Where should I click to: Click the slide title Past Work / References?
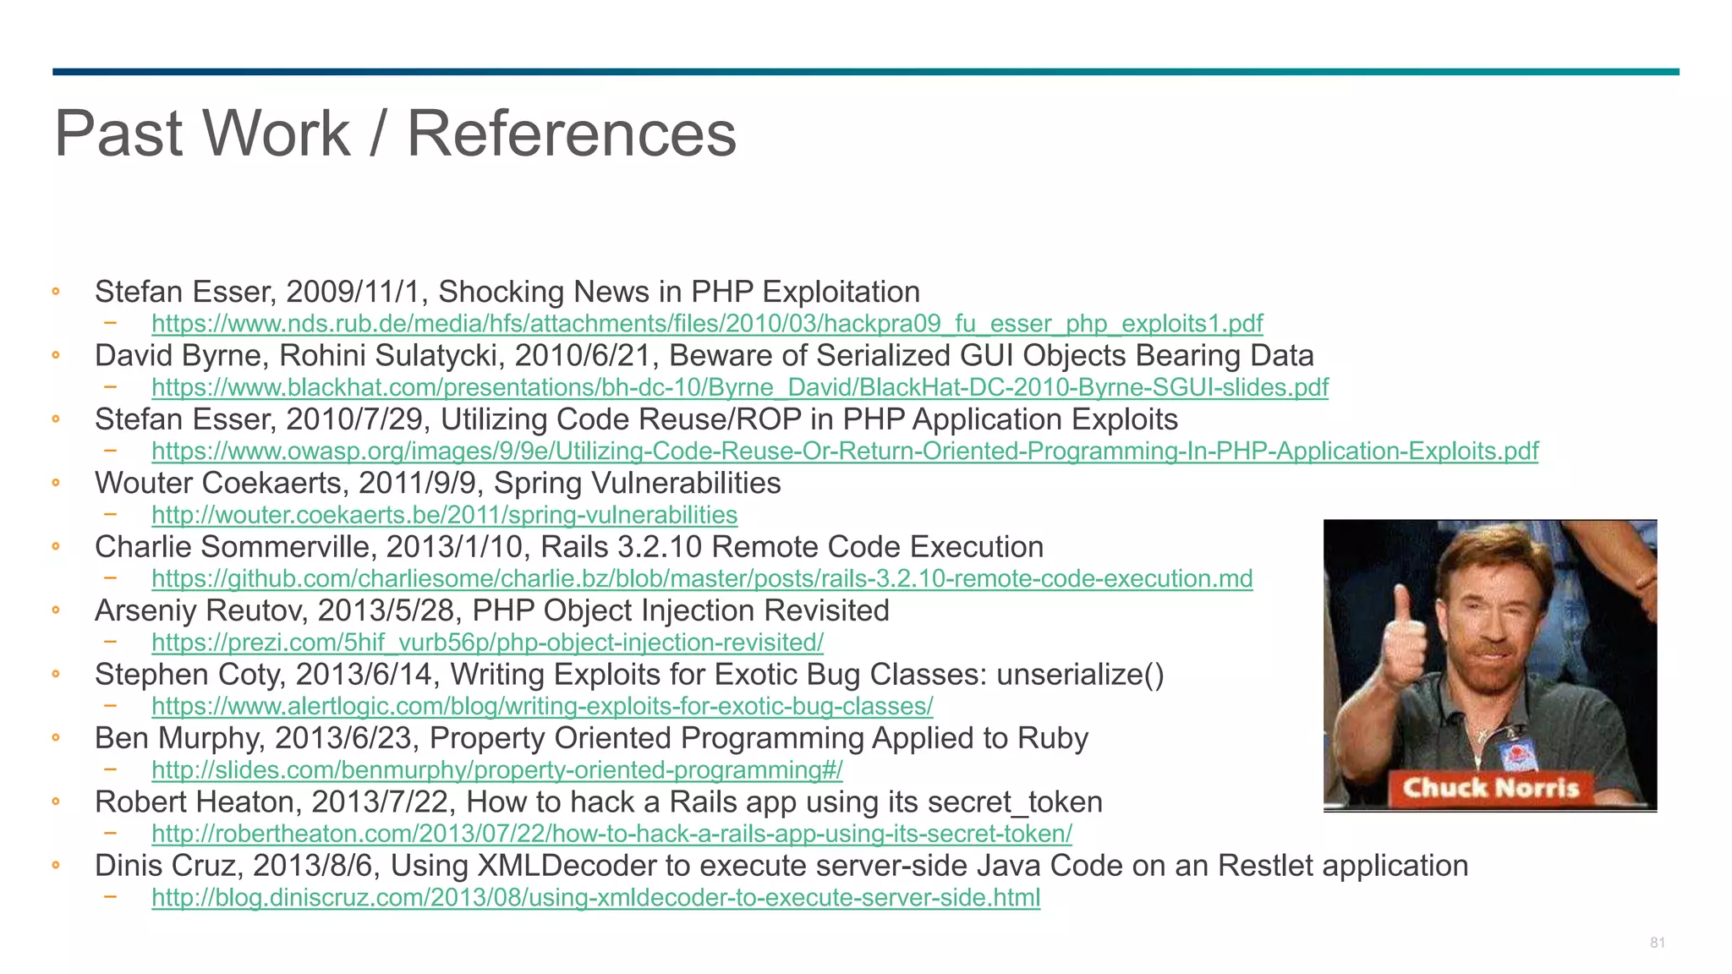coord(395,134)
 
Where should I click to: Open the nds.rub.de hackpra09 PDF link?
coord(707,324)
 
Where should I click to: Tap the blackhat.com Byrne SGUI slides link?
coord(740,387)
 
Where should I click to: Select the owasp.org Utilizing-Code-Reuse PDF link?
coord(845,451)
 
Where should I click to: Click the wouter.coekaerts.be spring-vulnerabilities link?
coord(444,515)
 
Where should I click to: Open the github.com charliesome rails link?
coord(702,579)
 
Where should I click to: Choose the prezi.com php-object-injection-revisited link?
coord(487,643)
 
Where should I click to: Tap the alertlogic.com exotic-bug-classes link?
coord(542,706)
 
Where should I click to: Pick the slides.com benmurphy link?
coord(497,770)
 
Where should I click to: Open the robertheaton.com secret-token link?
coord(611,834)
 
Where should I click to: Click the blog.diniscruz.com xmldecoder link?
coord(595,898)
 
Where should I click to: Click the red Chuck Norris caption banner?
coord(1490,788)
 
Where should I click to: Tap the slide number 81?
coord(1657,943)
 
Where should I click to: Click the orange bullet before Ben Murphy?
coord(56,737)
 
